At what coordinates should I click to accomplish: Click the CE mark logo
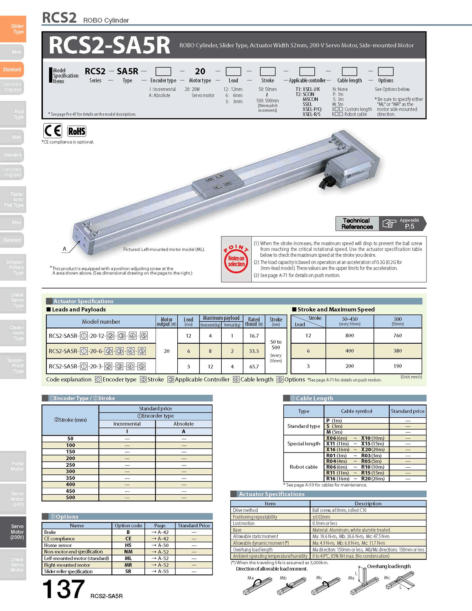coord(53,131)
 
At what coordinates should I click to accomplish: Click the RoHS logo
coord(77,131)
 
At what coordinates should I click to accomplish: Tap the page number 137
coord(63,589)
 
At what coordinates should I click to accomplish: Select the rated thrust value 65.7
coord(254,366)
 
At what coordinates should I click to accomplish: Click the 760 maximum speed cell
coord(398,335)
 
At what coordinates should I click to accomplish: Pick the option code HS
coord(128,545)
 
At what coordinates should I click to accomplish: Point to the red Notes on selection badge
coord(236,259)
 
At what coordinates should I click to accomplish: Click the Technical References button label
coord(357,224)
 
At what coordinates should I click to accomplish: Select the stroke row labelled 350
coord(70,478)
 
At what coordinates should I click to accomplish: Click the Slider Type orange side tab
coord(13,29)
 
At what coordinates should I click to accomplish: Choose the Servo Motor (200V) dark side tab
coord(13,531)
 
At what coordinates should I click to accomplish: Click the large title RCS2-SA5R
coord(109,45)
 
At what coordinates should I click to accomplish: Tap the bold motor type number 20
coord(200,71)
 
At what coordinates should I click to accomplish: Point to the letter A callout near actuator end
coord(64,249)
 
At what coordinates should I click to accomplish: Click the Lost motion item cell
coord(270,523)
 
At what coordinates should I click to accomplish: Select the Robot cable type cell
coord(304,467)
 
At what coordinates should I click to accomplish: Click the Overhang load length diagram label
coord(389,566)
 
